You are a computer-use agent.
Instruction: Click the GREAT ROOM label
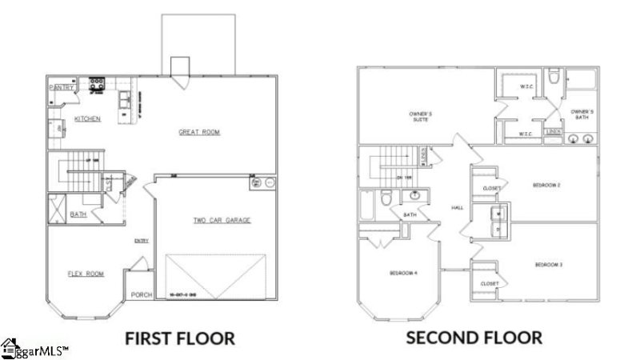tap(199, 132)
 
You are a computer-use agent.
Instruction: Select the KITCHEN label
tap(87, 118)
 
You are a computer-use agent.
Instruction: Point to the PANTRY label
tap(62, 87)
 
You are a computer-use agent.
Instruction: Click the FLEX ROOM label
tap(86, 274)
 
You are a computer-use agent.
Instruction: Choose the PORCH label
tap(142, 294)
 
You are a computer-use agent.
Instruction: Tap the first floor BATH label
tap(78, 214)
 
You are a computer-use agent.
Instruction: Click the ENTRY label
tap(142, 241)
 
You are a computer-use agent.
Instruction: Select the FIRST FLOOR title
tap(180, 338)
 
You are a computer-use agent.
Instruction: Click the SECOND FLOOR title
tap(474, 338)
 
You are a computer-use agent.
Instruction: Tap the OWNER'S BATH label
tap(582, 114)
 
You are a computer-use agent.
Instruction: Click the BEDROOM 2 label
tap(546, 186)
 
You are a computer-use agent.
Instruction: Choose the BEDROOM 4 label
tap(404, 274)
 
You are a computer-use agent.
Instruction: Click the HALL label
tap(458, 207)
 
